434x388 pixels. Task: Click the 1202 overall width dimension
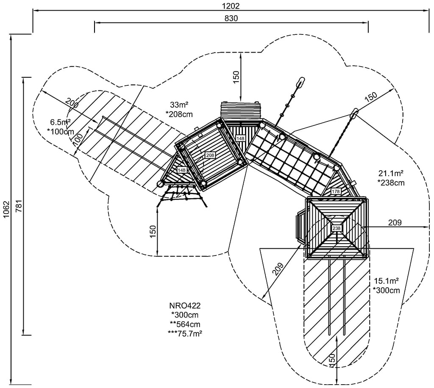231,6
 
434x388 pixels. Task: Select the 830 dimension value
231,18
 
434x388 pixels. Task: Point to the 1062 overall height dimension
6,210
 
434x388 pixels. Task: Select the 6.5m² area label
60,122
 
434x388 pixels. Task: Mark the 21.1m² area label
390,173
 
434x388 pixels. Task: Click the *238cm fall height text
390,183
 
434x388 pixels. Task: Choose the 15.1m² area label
386,281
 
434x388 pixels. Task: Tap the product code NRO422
184,305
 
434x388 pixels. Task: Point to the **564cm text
184,324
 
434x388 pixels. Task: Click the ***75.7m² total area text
184,333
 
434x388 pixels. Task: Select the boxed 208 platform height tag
210,155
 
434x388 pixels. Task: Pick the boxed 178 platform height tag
336,191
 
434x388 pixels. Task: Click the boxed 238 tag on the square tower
337,228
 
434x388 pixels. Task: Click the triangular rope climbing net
182,197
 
